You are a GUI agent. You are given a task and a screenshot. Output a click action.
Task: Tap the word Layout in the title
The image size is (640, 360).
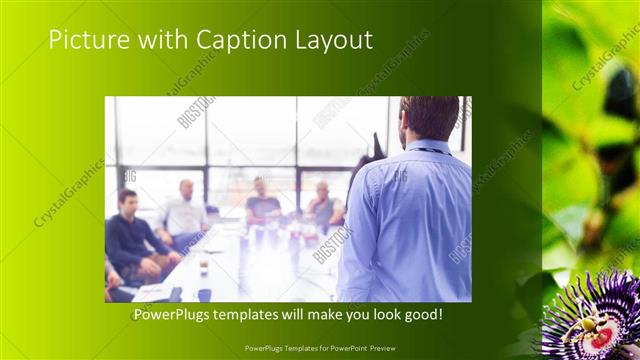coord(334,40)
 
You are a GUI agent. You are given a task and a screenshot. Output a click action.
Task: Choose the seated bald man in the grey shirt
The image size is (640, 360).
coord(324,205)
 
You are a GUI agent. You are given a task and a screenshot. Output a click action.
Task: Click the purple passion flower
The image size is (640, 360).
coord(591,318)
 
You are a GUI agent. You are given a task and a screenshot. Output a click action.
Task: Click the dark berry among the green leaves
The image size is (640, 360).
coord(621,94)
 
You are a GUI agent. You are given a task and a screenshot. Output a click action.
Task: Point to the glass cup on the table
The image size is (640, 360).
coord(203,265)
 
